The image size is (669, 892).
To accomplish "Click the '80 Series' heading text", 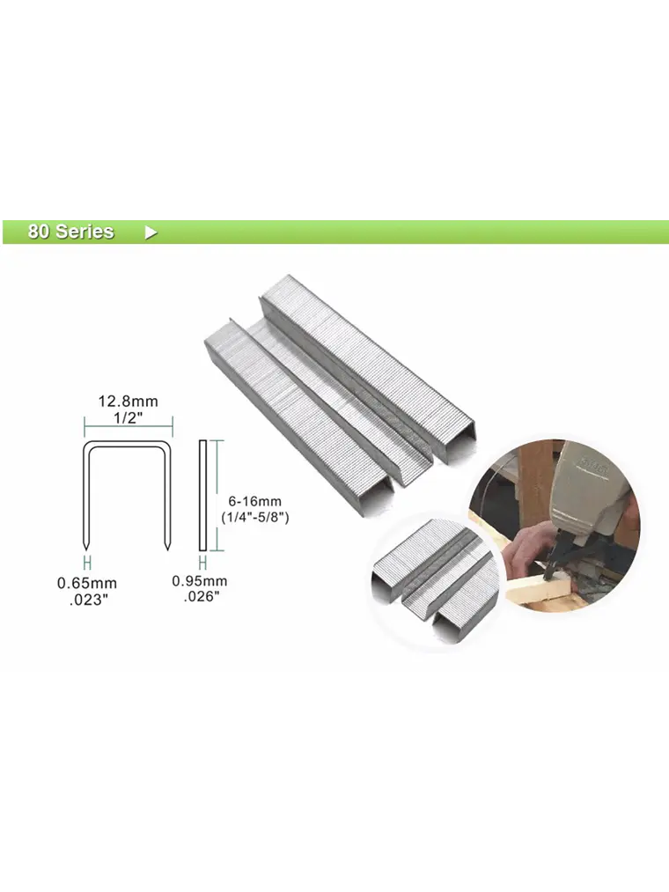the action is click(x=71, y=232).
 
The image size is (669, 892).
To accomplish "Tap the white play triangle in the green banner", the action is click(x=151, y=232).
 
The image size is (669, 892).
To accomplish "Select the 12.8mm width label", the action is click(x=128, y=401).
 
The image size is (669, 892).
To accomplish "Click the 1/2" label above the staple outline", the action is click(x=128, y=417).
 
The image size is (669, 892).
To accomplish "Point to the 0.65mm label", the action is click(x=87, y=583).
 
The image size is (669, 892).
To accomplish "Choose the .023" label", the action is click(x=89, y=600).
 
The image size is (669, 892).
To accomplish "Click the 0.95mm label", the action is click(x=200, y=581).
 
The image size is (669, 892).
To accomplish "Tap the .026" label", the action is click(x=202, y=596).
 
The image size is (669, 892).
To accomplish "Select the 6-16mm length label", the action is click(x=255, y=501).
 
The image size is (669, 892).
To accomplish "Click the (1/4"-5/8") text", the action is click(x=255, y=517).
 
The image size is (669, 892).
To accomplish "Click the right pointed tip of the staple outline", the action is click(x=167, y=549).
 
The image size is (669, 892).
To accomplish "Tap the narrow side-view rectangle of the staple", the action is click(x=202, y=495).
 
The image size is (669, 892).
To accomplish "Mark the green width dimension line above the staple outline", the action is click(x=129, y=426).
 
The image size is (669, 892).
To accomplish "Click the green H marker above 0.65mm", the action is click(x=87, y=564).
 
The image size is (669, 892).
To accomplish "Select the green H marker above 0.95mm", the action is click(x=202, y=564).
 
